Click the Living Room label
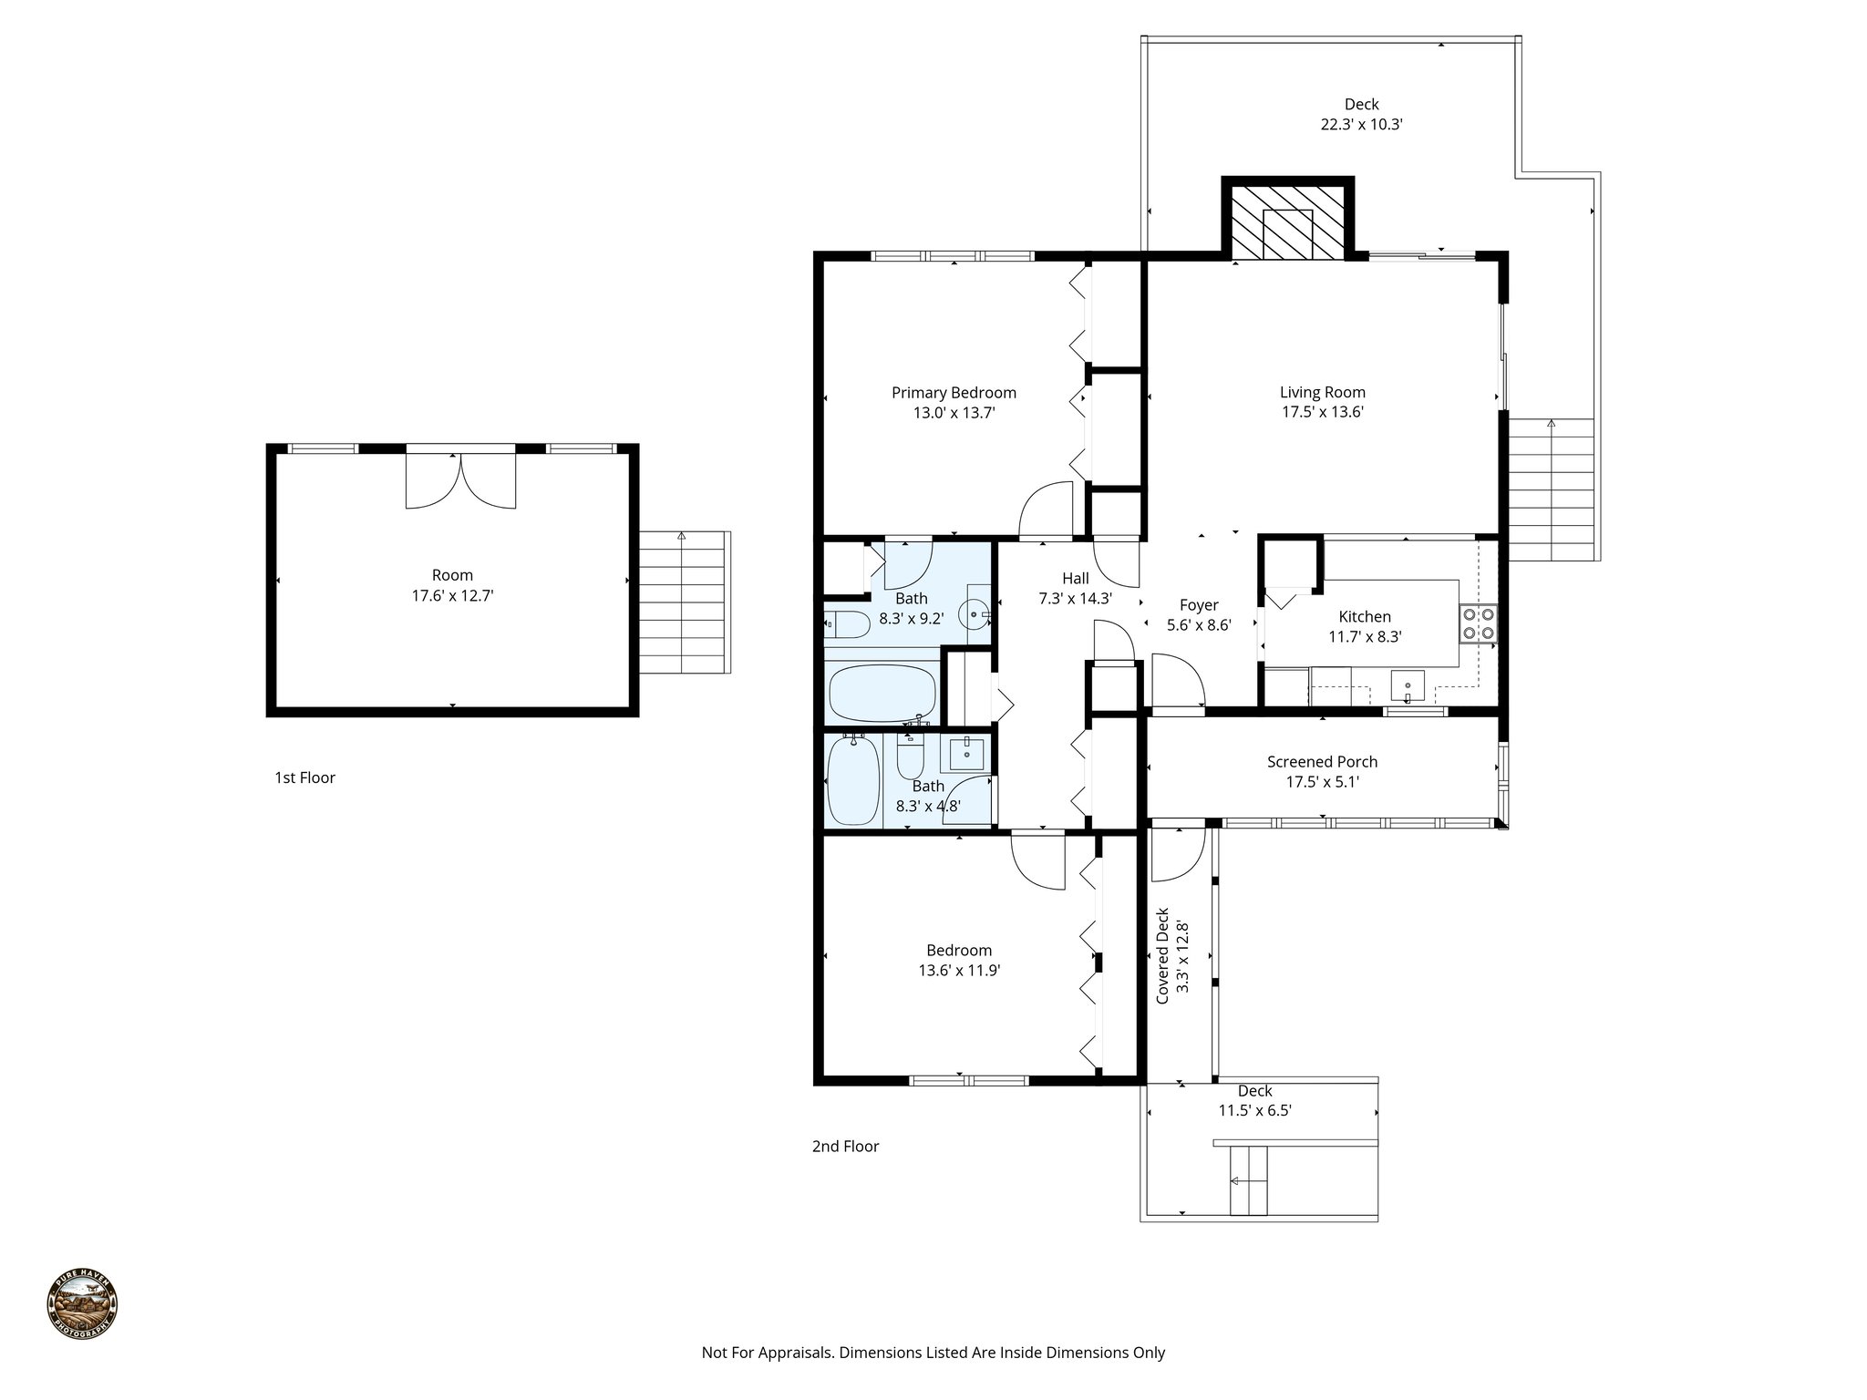(1322, 392)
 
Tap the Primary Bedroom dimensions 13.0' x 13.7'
(954, 413)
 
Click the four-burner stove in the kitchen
(1478, 623)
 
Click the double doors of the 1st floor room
(460, 480)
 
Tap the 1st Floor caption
(304, 777)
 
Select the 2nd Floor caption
(845, 1146)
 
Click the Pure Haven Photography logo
(82, 1305)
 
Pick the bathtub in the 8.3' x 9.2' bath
(882, 693)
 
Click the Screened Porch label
(1322, 761)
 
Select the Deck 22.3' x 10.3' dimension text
(1361, 125)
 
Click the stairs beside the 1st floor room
(684, 602)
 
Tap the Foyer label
(1199, 605)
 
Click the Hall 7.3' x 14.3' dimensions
(1075, 599)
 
